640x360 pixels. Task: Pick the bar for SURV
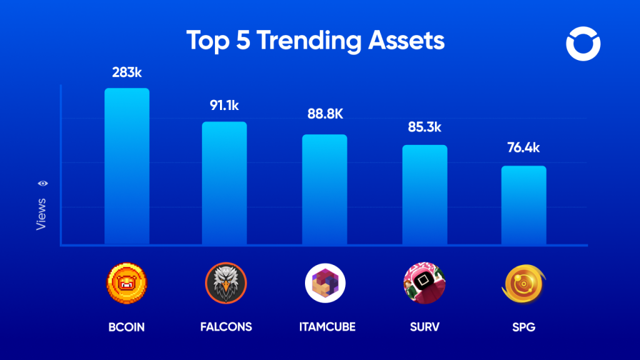tap(424, 195)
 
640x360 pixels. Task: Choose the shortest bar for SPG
tap(524, 206)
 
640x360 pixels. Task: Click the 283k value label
tap(127, 73)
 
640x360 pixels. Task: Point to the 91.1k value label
tap(224, 106)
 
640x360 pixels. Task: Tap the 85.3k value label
tap(424, 127)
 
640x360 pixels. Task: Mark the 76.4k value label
tap(524, 149)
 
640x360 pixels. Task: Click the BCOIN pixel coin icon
tap(126, 283)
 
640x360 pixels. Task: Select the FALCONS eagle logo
tap(226, 283)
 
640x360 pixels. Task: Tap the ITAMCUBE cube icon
tap(325, 283)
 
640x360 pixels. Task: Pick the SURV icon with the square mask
tap(424, 283)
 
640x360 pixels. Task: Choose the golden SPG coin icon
tap(524, 283)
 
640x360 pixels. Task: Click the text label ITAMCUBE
tap(325, 327)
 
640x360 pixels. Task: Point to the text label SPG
tap(524, 327)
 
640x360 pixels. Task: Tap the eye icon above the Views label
tap(43, 183)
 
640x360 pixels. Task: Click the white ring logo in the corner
tap(582, 45)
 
